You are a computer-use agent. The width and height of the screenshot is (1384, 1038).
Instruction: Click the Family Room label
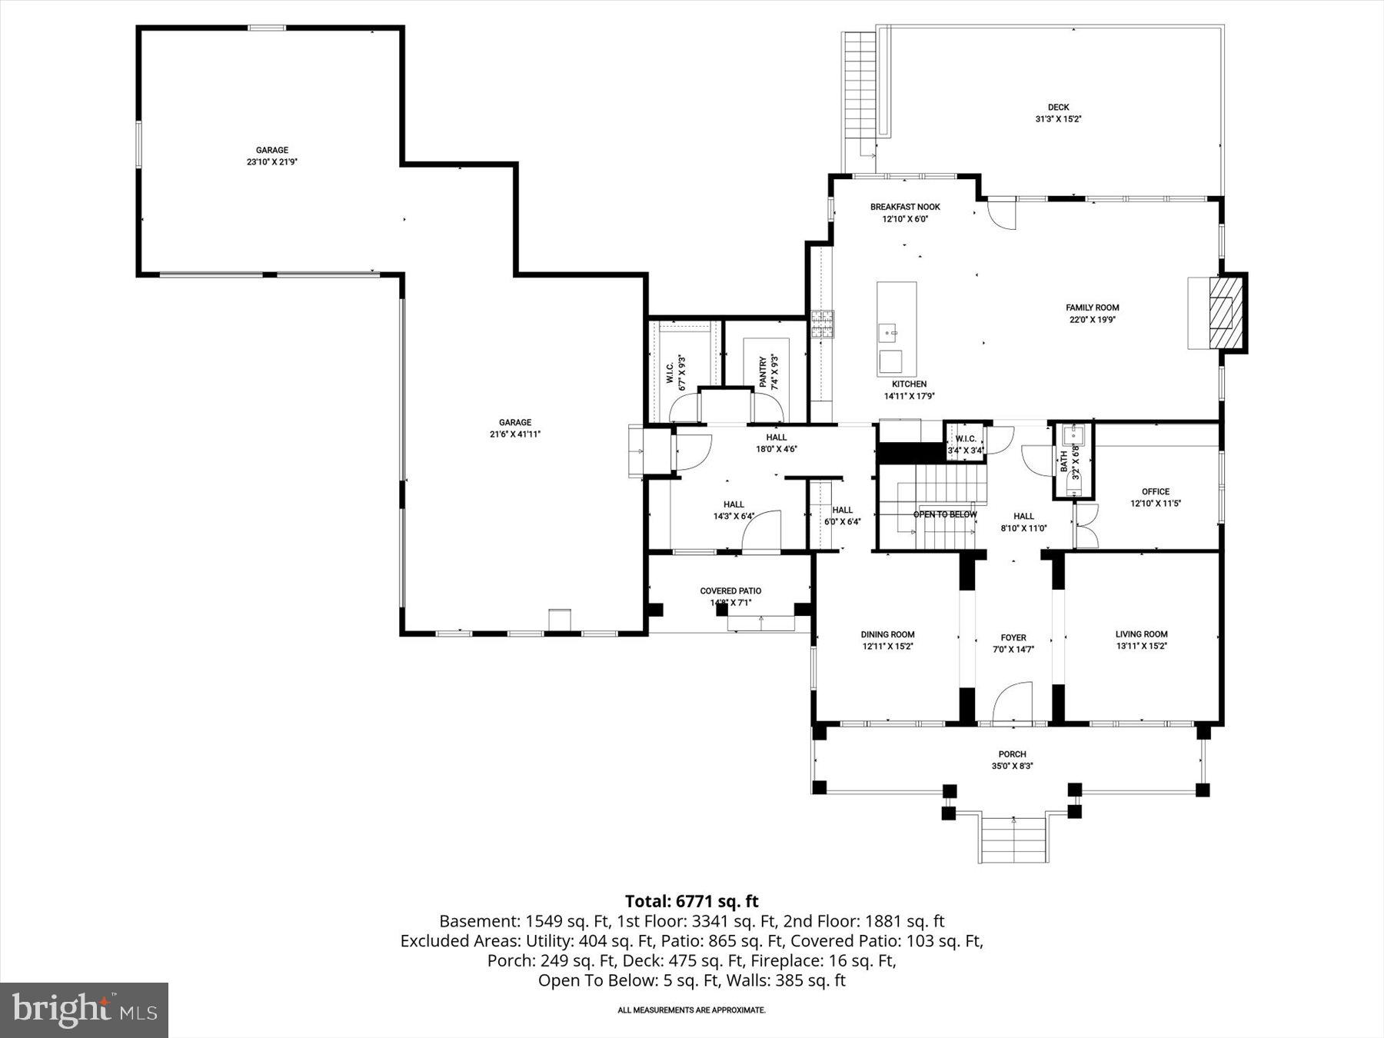1092,308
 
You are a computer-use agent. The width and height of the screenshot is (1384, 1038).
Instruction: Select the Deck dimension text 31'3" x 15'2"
1058,119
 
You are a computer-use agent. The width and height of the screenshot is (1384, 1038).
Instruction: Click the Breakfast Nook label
905,207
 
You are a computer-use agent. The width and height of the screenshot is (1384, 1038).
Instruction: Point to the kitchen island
897,327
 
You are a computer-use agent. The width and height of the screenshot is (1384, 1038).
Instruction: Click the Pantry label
764,371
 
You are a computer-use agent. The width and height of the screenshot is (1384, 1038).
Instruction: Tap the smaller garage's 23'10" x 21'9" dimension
272,162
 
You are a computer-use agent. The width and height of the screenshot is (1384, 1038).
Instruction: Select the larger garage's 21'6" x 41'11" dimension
514,434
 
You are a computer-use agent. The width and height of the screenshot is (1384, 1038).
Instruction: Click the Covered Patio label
730,591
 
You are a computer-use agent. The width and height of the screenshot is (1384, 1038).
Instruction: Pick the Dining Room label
887,634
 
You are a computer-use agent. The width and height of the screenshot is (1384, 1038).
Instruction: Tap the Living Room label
1141,634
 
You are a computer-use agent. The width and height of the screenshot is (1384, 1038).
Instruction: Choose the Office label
1155,491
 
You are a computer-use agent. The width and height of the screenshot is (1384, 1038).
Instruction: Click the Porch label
1012,754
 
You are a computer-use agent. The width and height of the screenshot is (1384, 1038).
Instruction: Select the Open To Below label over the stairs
945,514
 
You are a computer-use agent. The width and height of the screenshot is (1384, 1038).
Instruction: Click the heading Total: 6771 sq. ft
691,901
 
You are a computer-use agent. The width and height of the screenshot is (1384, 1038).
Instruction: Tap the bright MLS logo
84,1010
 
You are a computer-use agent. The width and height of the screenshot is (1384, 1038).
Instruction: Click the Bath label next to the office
1064,462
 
